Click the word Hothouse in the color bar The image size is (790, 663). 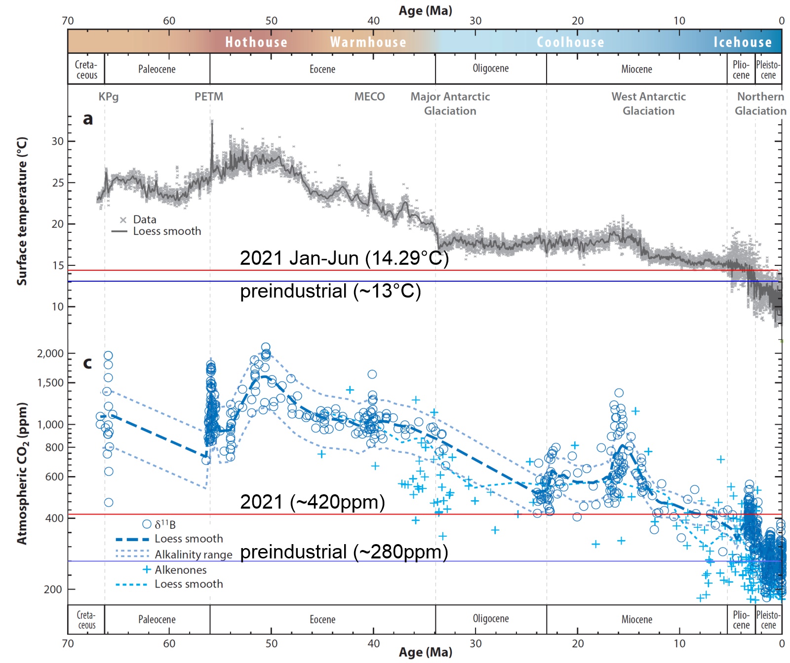(x=256, y=42)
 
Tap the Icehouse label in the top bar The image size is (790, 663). (x=742, y=42)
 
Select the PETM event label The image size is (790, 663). (x=208, y=97)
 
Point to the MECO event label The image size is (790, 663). (x=369, y=97)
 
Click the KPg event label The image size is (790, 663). (x=108, y=97)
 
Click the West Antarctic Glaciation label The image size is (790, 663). (x=648, y=104)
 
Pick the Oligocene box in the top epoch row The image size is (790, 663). (x=490, y=69)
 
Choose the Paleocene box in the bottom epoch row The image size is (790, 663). (x=157, y=620)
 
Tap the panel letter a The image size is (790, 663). (x=88, y=119)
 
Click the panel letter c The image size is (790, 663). (x=87, y=363)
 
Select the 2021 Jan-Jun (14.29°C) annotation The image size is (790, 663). (x=344, y=258)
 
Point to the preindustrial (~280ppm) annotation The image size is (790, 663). (x=344, y=552)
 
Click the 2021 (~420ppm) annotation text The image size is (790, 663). (x=312, y=502)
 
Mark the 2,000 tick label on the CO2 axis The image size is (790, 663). (x=50, y=353)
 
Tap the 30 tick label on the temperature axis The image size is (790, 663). (x=58, y=142)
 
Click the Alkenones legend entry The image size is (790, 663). (x=180, y=570)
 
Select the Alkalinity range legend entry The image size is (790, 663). (x=193, y=554)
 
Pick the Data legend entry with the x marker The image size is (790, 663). (x=144, y=220)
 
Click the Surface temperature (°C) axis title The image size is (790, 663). (x=22, y=211)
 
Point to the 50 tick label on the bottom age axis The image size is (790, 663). (x=272, y=643)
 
